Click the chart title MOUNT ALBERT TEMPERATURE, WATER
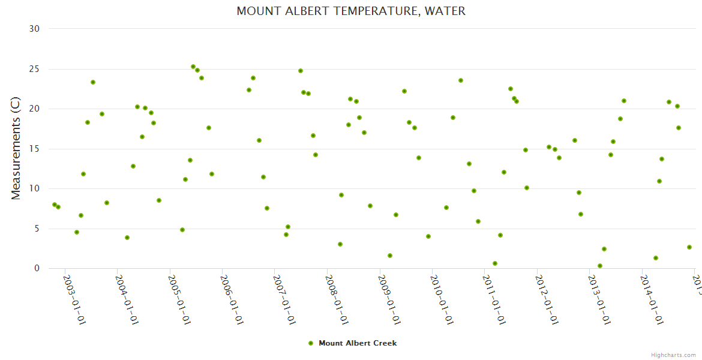point(351,11)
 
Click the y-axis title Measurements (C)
point(16,148)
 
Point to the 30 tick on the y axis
point(34,29)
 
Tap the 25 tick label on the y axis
point(34,70)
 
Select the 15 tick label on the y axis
point(34,149)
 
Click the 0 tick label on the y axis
point(37,268)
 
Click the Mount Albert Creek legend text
point(358,343)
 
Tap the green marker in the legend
point(311,343)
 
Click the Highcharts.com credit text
point(673,355)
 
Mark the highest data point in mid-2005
point(193,67)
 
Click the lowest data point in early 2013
point(600,266)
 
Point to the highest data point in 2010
point(461,80)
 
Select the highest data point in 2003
point(93,82)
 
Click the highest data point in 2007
point(301,71)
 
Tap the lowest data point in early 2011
point(495,263)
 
